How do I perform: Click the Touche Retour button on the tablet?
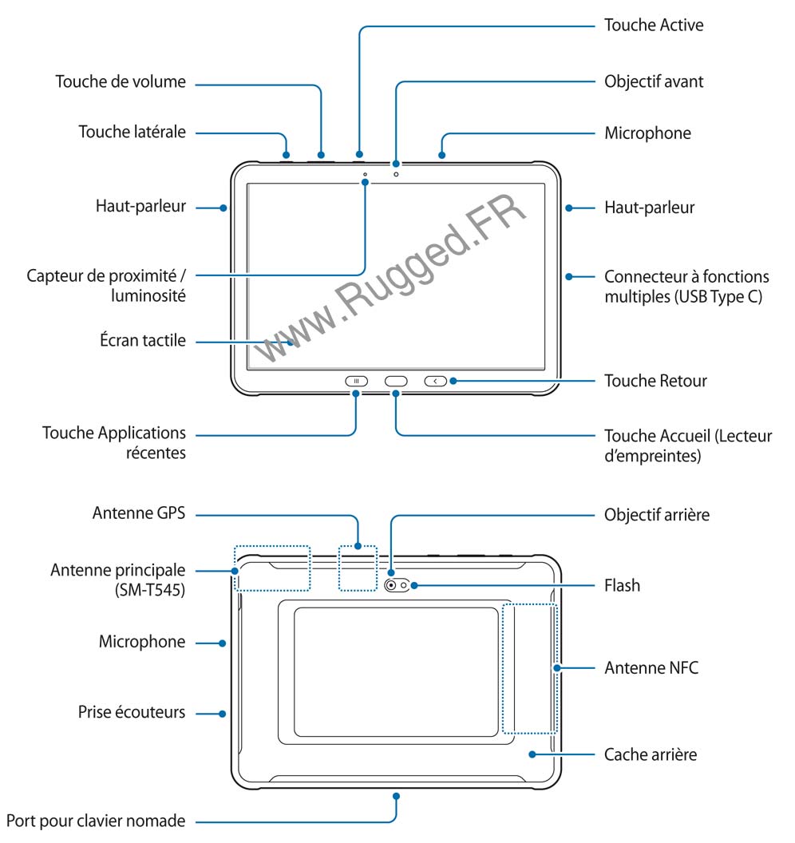point(436,381)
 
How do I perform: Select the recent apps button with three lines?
point(356,381)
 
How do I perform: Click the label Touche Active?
point(654,25)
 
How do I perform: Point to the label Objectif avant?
point(654,81)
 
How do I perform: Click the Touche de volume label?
point(121,81)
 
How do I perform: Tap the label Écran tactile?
point(139,341)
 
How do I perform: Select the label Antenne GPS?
point(139,513)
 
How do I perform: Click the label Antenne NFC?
point(651,667)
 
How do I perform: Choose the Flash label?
point(622,585)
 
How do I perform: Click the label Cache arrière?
point(651,754)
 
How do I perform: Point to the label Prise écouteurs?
point(132,711)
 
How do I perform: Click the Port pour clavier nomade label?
point(96,820)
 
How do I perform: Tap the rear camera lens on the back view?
point(393,586)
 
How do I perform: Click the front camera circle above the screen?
point(396,174)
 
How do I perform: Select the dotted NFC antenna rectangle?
point(528,667)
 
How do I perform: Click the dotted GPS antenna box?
point(357,568)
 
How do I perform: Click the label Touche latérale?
point(132,132)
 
